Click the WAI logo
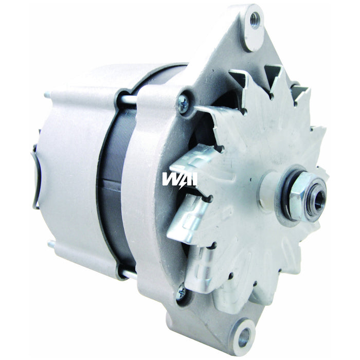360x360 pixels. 179,178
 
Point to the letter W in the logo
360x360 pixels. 169,178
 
